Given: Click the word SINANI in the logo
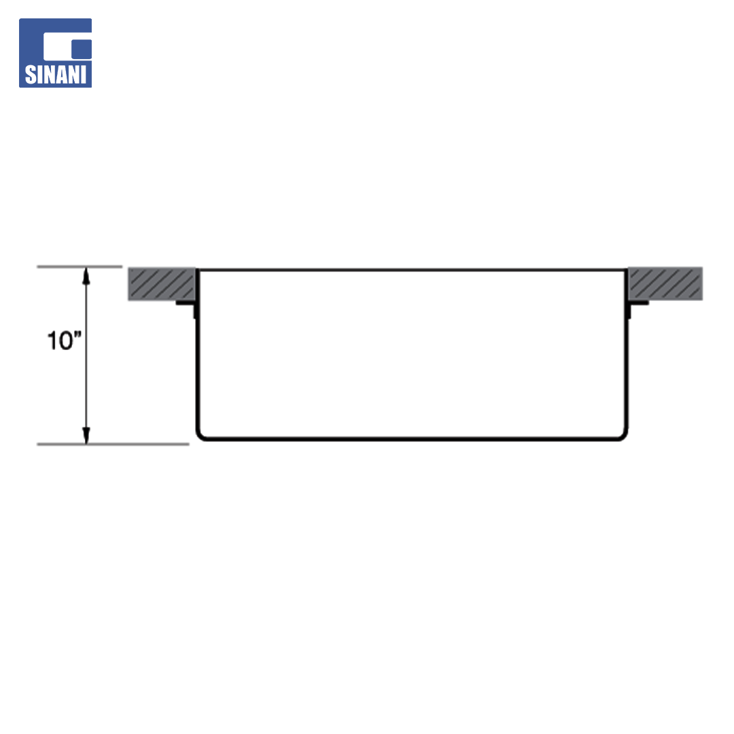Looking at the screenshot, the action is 56,75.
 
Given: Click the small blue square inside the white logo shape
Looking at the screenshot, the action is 82,49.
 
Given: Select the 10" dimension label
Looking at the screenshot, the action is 65,340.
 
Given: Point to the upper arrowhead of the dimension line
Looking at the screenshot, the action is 86,275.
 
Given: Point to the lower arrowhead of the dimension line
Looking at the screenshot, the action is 86,436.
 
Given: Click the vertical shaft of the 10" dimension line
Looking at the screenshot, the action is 86,355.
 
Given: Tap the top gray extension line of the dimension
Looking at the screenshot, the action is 80,267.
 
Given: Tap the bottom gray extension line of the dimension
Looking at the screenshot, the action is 113,444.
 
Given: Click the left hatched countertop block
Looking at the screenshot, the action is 162,283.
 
